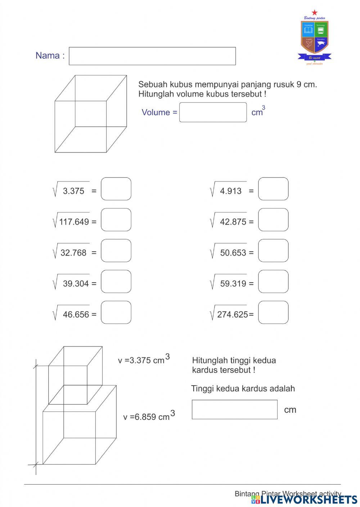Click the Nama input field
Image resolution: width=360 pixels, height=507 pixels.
pyautogui.click(x=152, y=56)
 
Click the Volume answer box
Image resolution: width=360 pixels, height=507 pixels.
pyautogui.click(x=213, y=112)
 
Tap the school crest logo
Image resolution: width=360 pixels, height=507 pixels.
pyautogui.click(x=314, y=38)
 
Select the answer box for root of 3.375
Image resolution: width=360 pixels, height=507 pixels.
pyautogui.click(x=116, y=189)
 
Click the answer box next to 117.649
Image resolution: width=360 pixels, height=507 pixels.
pyautogui.click(x=116, y=220)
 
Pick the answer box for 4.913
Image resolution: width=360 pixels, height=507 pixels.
pyautogui.click(x=273, y=189)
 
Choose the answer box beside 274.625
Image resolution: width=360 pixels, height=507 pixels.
pyautogui.click(x=273, y=313)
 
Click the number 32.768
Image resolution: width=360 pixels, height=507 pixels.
pyautogui.click(x=73, y=253)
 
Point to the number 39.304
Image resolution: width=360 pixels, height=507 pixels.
pyautogui.click(x=76, y=284)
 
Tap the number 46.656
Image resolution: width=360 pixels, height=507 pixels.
pyautogui.click(x=76, y=315)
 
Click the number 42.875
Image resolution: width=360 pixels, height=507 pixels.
pyautogui.click(x=233, y=222)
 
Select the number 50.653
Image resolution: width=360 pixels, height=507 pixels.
pyautogui.click(x=233, y=253)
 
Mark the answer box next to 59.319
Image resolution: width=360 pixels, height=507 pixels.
pyautogui.click(x=273, y=282)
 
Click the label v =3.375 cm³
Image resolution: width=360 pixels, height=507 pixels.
pyautogui.click(x=144, y=360)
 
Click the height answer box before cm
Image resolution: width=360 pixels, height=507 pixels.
pyautogui.click(x=234, y=409)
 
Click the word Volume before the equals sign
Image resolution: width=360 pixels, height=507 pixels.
pyautogui.click(x=156, y=112)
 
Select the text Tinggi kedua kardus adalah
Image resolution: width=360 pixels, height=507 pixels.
pyautogui.click(x=243, y=389)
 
